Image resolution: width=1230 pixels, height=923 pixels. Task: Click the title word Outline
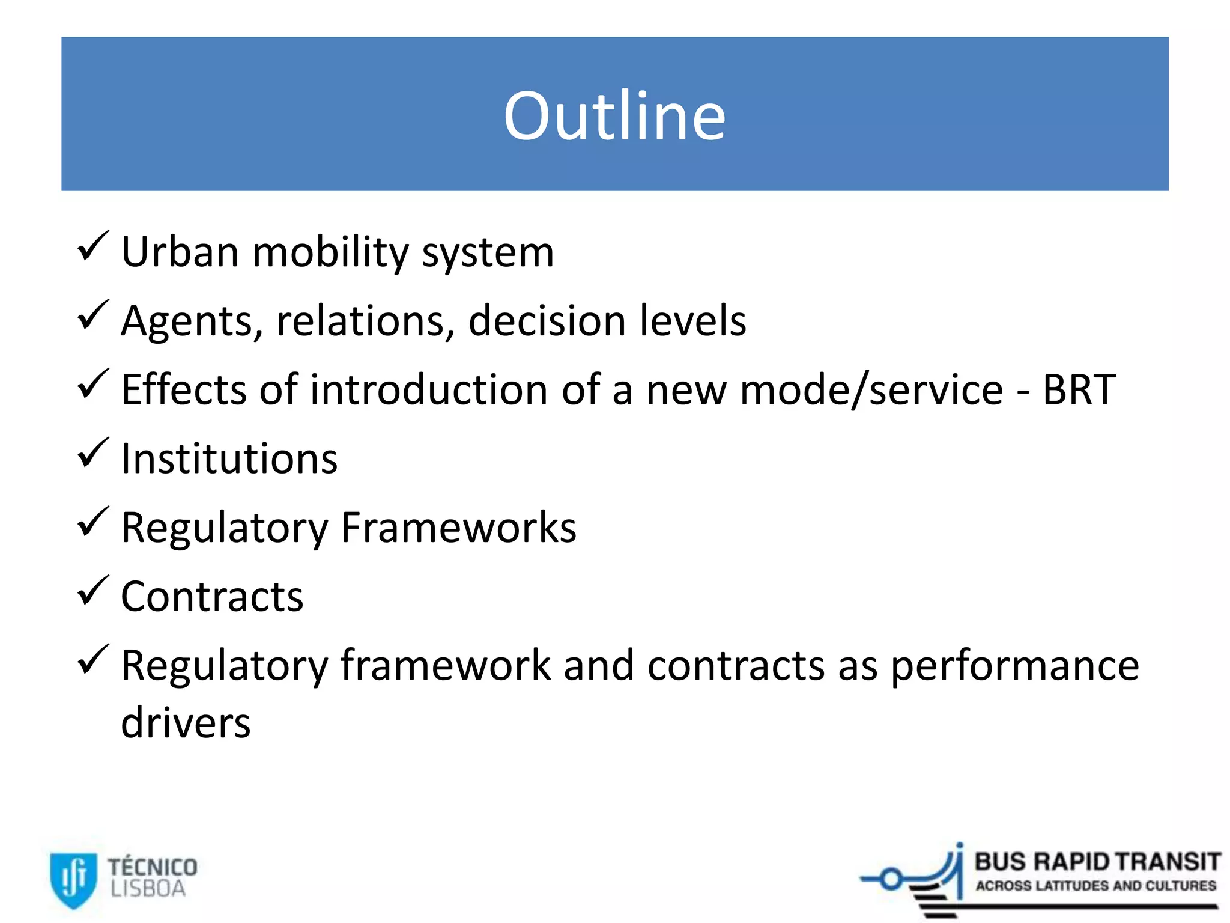coord(614,115)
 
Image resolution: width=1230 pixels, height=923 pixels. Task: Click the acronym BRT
coord(1079,390)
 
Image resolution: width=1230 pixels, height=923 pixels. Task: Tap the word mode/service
coord(871,390)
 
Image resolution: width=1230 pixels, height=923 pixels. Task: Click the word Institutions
coord(229,459)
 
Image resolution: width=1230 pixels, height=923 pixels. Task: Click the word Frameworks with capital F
coord(458,528)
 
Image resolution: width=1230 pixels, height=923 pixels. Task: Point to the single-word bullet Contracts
coord(212,597)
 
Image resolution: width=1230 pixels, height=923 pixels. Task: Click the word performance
coord(1014,666)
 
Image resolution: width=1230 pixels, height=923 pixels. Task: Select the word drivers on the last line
coord(186,723)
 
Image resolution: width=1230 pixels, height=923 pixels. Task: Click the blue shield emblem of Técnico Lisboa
coord(73,879)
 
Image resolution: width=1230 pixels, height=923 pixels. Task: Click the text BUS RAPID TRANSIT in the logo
coord(1097,862)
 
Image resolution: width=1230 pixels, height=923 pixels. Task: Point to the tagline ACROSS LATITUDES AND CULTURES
coord(1095,886)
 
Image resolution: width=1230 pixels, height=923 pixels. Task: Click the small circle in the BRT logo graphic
coord(891,879)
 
